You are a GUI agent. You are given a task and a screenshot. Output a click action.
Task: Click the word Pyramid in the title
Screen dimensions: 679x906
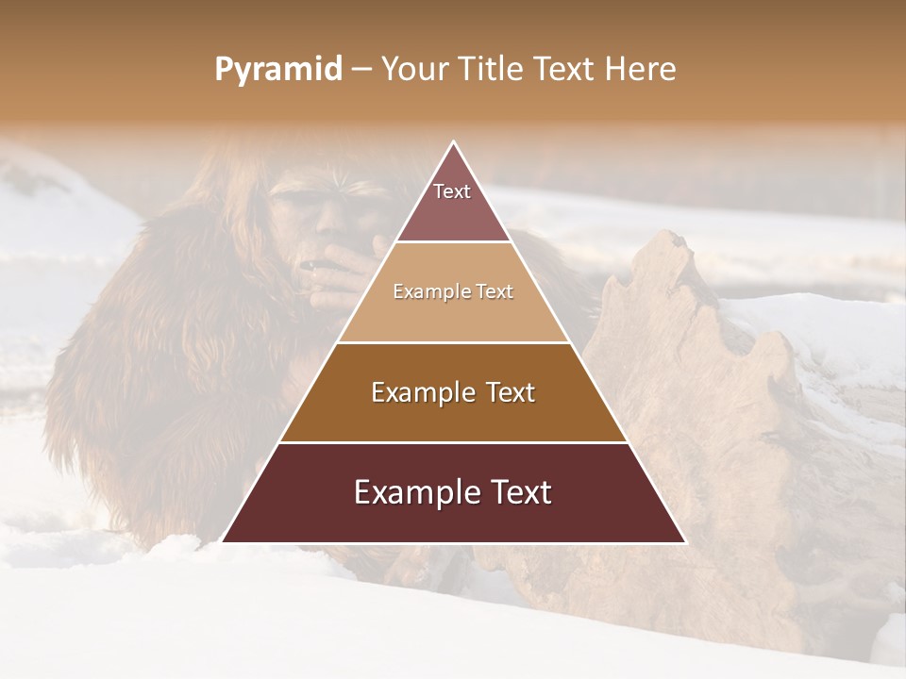[x=278, y=70]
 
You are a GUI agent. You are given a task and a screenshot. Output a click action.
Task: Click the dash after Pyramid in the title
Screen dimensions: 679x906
[x=361, y=70]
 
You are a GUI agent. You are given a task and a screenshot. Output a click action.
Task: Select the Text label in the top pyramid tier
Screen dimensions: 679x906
[x=452, y=191]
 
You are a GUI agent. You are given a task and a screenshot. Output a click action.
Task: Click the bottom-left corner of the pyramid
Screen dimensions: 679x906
[x=223, y=541]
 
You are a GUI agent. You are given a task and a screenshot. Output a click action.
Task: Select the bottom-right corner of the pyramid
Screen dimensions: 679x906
[x=684, y=541]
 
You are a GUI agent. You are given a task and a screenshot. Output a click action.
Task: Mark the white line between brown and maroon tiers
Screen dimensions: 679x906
[x=454, y=442]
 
